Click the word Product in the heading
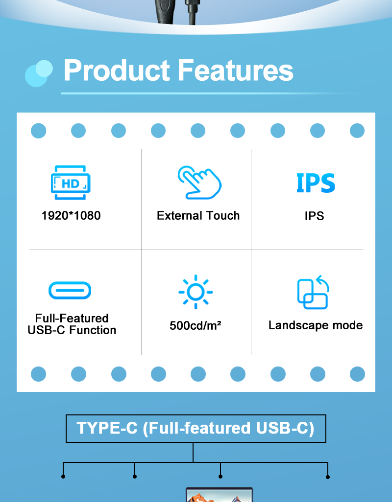[x=116, y=70]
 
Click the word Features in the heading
[x=235, y=70]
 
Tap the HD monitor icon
[x=71, y=183]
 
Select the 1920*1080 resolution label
[x=71, y=215]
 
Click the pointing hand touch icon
[x=199, y=183]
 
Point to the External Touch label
[x=198, y=215]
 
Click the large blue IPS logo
[x=316, y=183]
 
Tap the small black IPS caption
[x=314, y=216]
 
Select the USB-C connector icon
[x=70, y=290]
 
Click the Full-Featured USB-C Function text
[x=72, y=324]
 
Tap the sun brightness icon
[x=196, y=292]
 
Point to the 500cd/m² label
[x=195, y=325]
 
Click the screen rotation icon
[x=313, y=292]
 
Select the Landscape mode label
[x=316, y=325]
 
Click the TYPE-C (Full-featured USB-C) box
[x=196, y=429]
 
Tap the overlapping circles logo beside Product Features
[x=39, y=73]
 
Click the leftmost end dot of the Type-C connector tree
[x=63, y=477]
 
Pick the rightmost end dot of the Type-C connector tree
[x=328, y=477]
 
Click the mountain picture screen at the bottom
[x=220, y=495]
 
